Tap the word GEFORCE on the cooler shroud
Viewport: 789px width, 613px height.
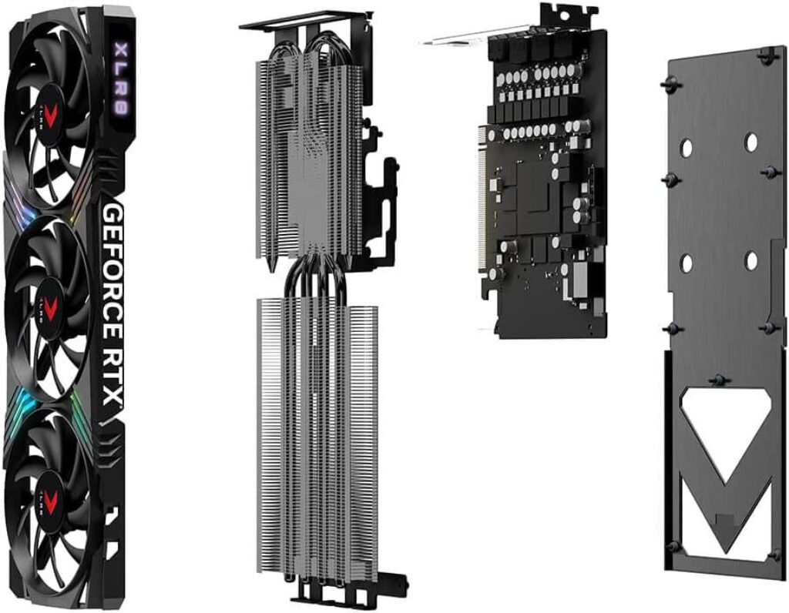111,262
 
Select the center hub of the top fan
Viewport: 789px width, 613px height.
53,116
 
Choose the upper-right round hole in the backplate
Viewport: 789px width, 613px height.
750,142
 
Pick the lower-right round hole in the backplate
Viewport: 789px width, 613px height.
751,261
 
